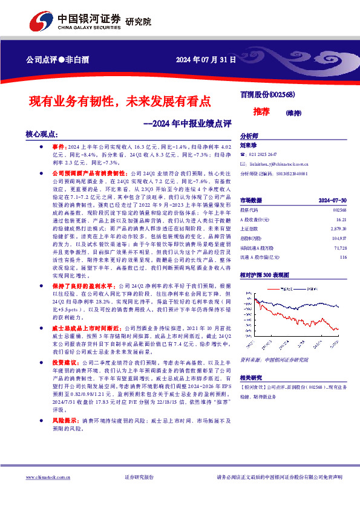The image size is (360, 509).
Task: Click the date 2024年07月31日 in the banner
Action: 205,60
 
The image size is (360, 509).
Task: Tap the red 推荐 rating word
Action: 261,112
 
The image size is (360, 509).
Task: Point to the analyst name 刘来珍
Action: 248,145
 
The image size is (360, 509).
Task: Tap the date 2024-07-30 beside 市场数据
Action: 332,199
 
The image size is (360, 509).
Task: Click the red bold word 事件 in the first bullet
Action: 58,147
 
